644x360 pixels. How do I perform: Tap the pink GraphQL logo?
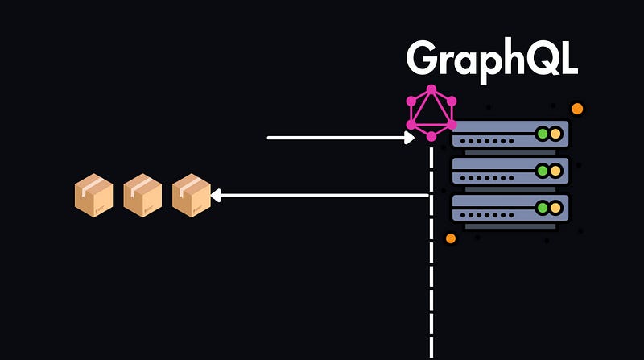point(431,113)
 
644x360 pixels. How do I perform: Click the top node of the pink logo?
point(431,89)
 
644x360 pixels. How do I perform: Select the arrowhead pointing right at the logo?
point(410,138)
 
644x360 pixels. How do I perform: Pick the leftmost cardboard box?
point(93,195)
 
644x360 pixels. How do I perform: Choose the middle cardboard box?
point(142,195)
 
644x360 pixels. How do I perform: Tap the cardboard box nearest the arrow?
point(191,195)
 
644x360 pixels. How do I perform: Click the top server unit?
point(510,134)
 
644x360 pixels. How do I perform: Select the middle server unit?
point(510,171)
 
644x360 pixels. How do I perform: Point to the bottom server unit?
point(510,208)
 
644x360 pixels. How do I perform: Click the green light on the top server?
point(543,134)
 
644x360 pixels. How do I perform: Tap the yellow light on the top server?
point(556,134)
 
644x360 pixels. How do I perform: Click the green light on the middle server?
point(543,171)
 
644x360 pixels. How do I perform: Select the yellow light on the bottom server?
point(556,208)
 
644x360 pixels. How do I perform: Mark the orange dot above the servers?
point(576,109)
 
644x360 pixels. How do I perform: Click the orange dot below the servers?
point(451,238)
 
